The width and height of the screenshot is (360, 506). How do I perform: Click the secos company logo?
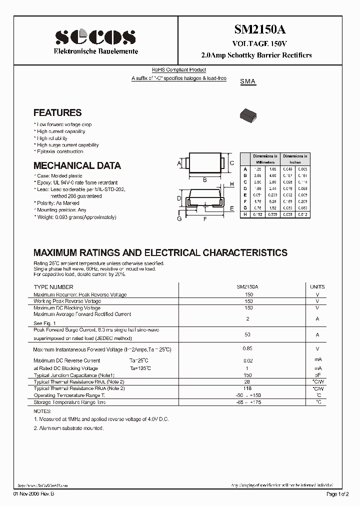point(95,38)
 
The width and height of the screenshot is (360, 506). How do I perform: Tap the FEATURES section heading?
point(57,113)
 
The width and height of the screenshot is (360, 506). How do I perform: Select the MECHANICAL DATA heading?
point(77,165)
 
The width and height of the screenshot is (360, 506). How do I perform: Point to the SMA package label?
point(248,81)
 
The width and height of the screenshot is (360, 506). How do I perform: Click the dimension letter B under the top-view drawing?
point(205,179)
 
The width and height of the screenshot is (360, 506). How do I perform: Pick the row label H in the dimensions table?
point(245,214)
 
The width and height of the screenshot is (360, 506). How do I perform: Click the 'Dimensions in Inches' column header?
point(295,159)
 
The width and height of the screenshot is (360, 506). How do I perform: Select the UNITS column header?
point(317,287)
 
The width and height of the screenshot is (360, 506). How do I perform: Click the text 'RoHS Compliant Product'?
point(179,70)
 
